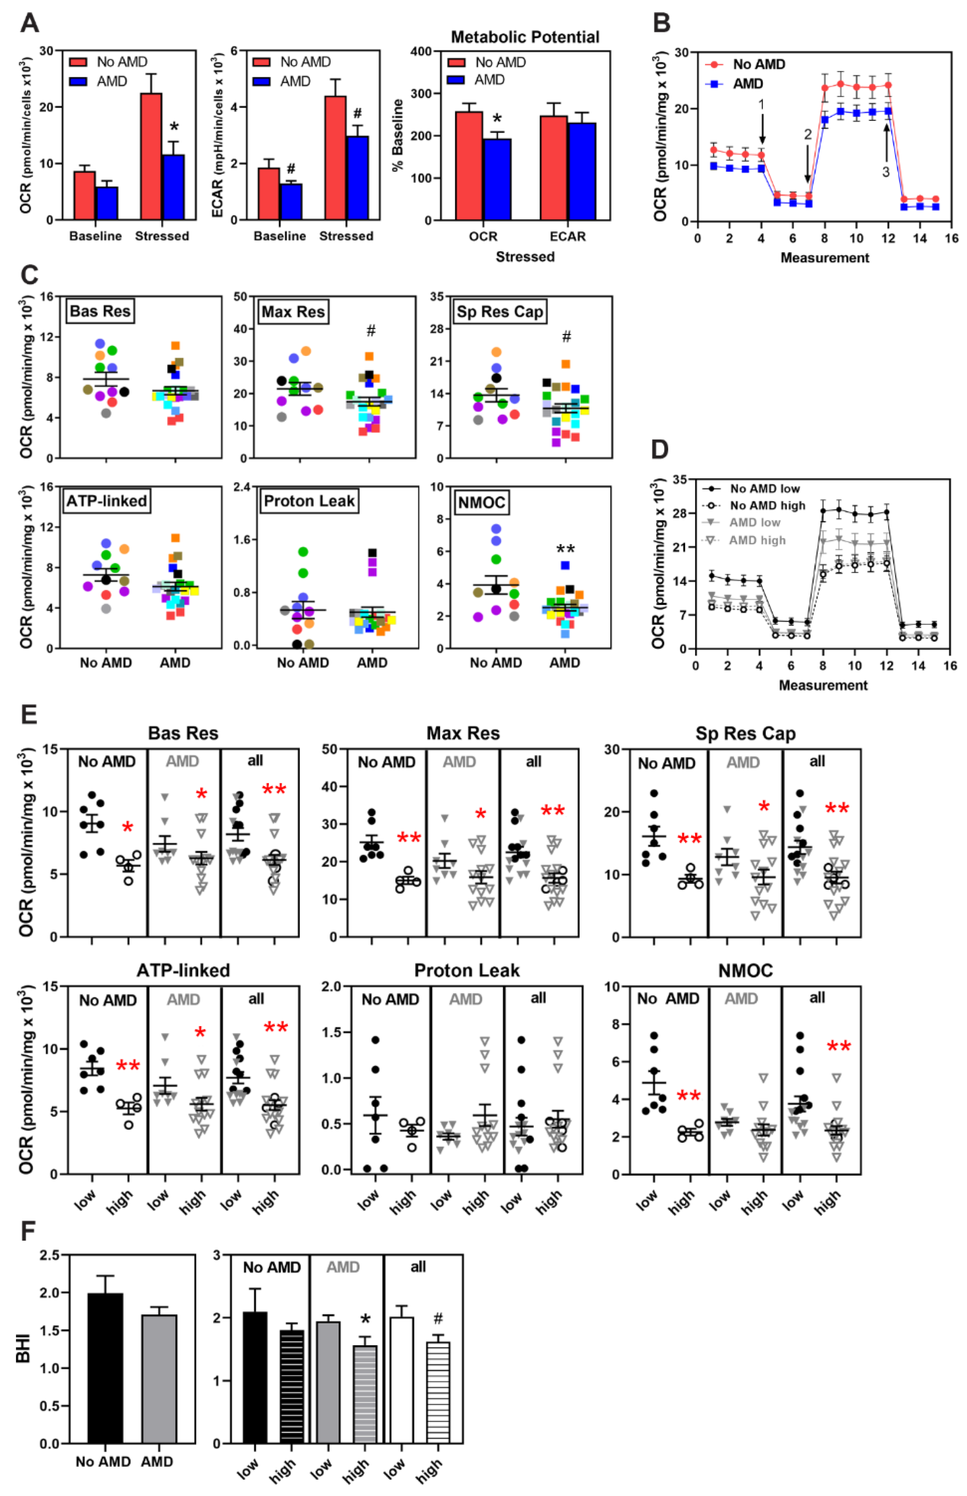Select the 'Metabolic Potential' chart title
(525, 37)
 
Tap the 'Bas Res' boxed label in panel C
(101, 311)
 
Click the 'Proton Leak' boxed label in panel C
(310, 501)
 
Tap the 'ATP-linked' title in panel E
(183, 971)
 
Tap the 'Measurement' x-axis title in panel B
(825, 257)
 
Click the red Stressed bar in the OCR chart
(151, 156)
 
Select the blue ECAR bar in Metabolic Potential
(582, 171)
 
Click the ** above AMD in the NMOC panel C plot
(565, 549)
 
